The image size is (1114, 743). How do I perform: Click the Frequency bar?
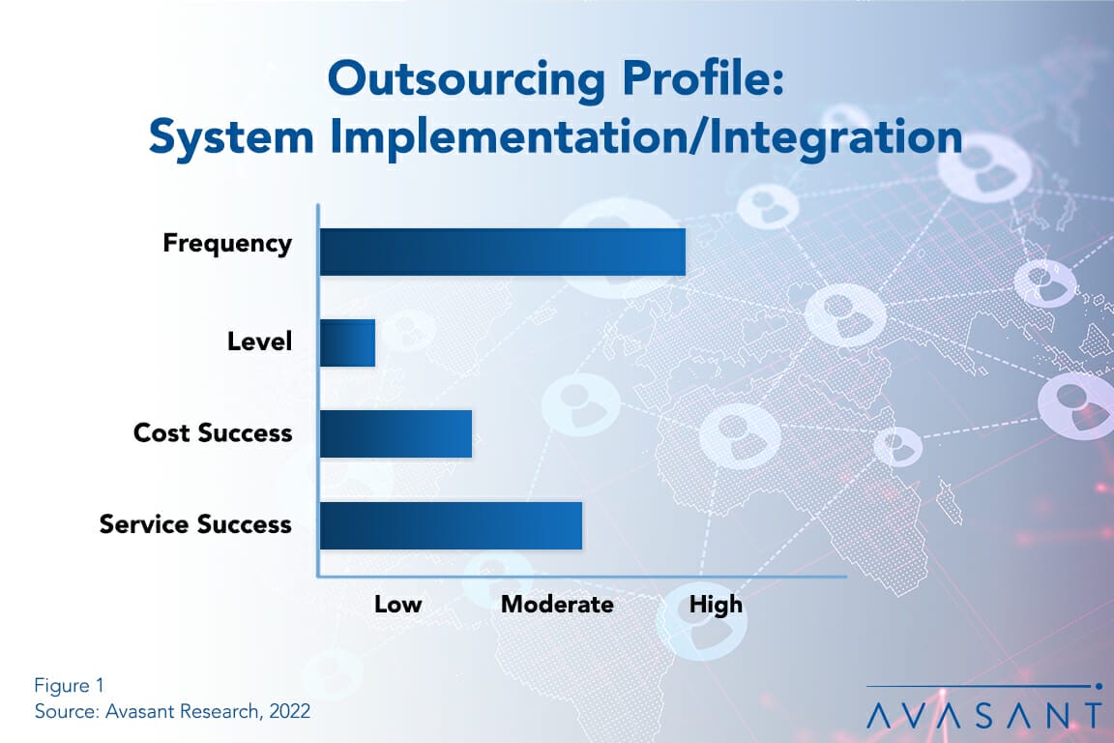coord(502,252)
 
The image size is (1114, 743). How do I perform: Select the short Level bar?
coord(347,342)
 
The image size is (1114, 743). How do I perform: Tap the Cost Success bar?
coord(396,433)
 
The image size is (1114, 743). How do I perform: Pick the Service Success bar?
coord(451,525)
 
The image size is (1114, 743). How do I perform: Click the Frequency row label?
coord(227,243)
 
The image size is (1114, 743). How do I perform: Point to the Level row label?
coord(259,341)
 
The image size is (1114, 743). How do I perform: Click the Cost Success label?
coord(213,432)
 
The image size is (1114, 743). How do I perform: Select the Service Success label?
coord(195,523)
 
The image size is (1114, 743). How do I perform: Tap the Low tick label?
coord(397,605)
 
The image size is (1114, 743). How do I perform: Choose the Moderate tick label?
coord(557,605)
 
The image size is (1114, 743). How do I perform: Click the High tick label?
coord(716,605)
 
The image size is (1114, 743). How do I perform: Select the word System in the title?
coord(231,137)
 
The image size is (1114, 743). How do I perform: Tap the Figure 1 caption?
coord(69,685)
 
